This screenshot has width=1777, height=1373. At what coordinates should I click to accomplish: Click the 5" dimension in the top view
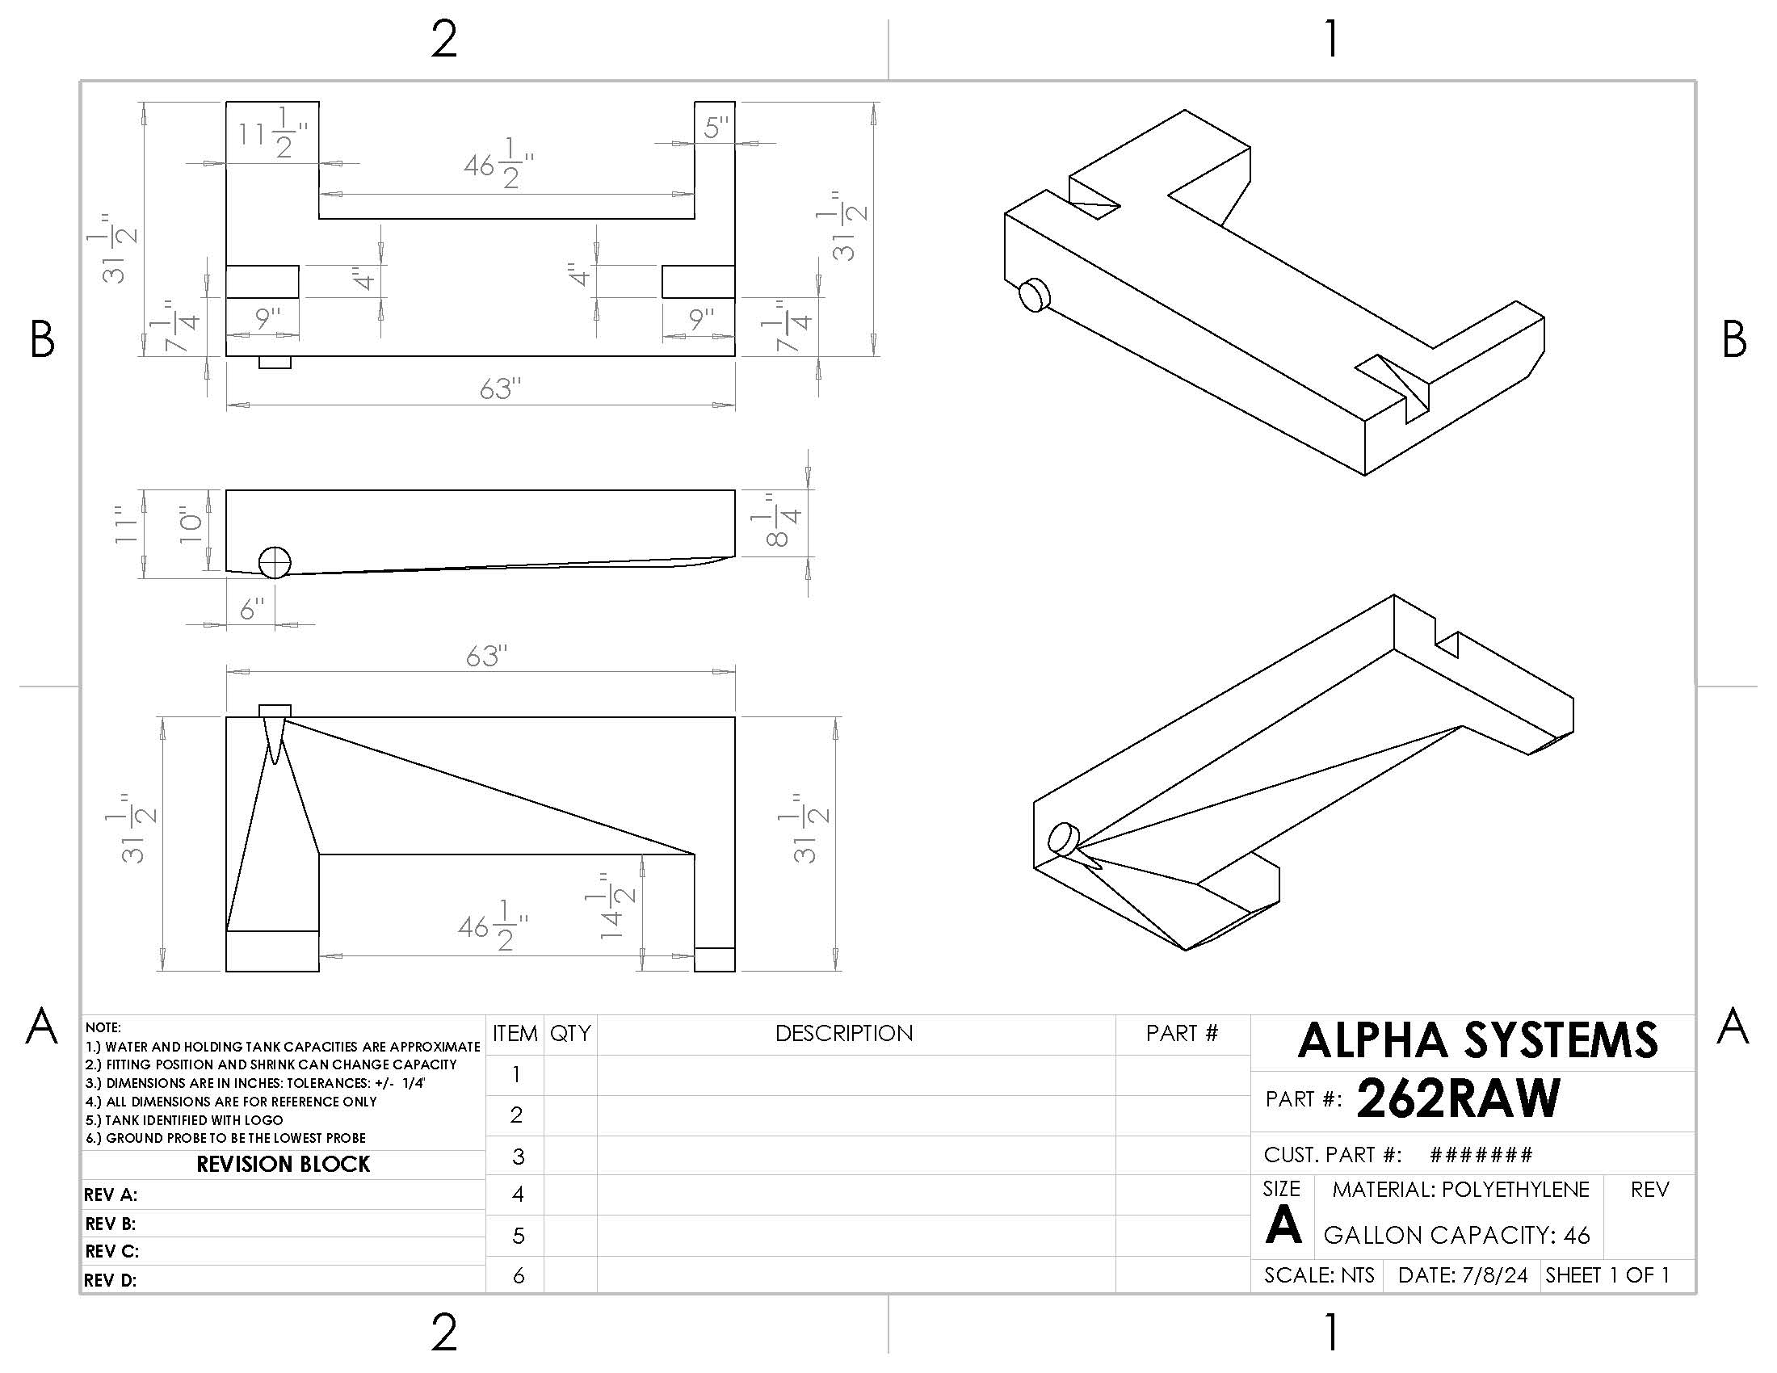tap(716, 128)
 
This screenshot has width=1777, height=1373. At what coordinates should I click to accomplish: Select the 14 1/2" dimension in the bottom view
tap(612, 905)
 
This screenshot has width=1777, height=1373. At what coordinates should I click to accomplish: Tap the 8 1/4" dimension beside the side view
tap(782, 521)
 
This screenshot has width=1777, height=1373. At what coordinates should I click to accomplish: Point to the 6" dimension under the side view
tap(252, 608)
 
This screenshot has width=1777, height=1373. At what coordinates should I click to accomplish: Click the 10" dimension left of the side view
tap(191, 525)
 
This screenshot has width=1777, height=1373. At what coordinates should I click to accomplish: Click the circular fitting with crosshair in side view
tap(275, 562)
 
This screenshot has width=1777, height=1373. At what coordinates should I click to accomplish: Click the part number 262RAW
tap(1457, 1098)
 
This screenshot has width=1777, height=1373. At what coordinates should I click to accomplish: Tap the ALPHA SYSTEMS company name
tap(1477, 1040)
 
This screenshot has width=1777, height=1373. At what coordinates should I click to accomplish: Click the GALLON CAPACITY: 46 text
tap(1456, 1235)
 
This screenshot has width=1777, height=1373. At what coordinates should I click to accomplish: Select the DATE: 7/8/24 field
tap(1462, 1274)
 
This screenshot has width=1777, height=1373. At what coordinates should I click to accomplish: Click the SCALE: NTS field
tap(1319, 1274)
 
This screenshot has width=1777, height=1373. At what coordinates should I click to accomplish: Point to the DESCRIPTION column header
tap(844, 1033)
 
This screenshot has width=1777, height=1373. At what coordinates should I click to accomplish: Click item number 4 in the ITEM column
tap(517, 1194)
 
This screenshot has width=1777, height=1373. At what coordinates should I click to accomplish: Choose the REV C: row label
tap(111, 1251)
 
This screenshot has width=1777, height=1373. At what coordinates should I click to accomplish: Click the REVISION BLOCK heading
tap(283, 1164)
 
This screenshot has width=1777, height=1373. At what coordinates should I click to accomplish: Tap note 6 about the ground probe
tap(225, 1138)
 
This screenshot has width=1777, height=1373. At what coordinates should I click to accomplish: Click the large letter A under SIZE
tap(1283, 1224)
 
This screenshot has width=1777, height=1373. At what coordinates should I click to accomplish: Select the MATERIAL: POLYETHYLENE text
tap(1460, 1189)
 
